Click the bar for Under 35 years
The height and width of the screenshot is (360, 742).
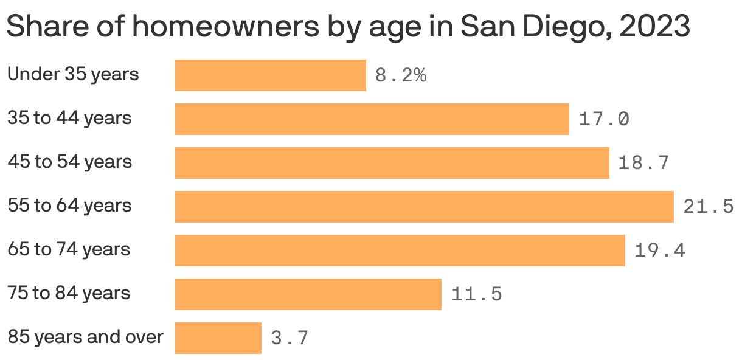pos(270,75)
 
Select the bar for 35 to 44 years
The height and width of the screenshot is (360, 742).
pos(372,119)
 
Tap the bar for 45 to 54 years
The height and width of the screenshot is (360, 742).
pos(392,163)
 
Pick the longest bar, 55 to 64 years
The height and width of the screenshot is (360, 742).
pos(424,207)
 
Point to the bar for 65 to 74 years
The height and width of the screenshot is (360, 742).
pos(400,251)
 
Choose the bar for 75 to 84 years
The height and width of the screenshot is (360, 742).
pos(308,294)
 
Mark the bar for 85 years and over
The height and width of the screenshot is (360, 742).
pos(218,338)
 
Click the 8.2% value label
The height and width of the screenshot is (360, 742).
pos(401,76)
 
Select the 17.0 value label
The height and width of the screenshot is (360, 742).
pos(603,119)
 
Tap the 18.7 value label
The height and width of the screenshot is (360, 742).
pos(643,163)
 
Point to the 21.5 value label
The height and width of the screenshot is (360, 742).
pos(708,207)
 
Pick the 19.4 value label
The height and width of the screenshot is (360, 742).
pos(659,251)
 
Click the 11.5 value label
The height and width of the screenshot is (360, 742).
pos(476,294)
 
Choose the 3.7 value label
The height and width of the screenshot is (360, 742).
pos(290,338)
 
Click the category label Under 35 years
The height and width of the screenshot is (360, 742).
pos(73,74)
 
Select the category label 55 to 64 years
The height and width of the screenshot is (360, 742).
pos(69,206)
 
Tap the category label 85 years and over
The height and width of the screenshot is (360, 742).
pos(85,337)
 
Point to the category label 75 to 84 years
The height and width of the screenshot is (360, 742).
pos(69,293)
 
